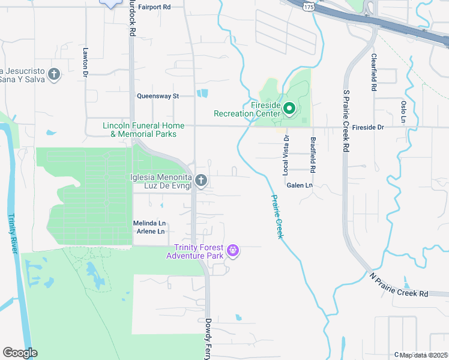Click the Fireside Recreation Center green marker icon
point(289,109)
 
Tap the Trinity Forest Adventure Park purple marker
point(234,251)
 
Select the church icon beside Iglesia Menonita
point(202,180)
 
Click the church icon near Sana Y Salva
point(54,74)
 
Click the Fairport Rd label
point(154,7)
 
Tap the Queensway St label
point(158,96)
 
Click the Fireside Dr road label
point(367,127)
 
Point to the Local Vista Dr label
point(286,155)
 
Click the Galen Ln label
point(300,186)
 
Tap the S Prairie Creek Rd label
point(346,121)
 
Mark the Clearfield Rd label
point(373,73)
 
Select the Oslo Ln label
point(403,112)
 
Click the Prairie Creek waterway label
point(276,217)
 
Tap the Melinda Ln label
point(148,223)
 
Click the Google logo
point(20,353)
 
